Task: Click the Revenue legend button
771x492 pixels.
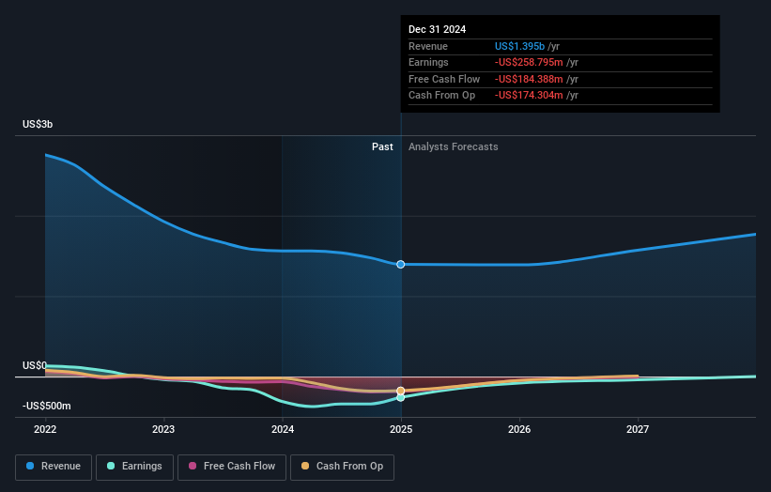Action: (x=54, y=466)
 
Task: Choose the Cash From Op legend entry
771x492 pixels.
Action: (x=344, y=466)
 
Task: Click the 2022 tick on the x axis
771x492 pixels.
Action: (x=45, y=429)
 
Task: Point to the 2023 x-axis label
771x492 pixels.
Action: (x=163, y=429)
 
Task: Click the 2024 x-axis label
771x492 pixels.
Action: (x=283, y=429)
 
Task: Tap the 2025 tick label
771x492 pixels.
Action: (x=401, y=429)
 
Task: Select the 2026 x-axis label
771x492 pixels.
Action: (x=519, y=429)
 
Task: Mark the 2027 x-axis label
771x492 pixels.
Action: (x=638, y=429)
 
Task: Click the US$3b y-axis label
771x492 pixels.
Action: (x=39, y=125)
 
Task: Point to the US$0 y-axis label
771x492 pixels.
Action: (x=35, y=365)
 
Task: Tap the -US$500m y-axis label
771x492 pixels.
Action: (x=47, y=406)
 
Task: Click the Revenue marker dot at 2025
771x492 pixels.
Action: (x=401, y=265)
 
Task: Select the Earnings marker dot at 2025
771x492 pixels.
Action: (x=401, y=397)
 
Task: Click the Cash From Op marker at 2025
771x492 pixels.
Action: (x=401, y=391)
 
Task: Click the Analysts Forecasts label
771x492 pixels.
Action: (x=453, y=146)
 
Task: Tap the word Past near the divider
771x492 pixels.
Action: (x=382, y=146)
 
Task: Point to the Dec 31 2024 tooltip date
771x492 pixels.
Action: (x=437, y=30)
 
